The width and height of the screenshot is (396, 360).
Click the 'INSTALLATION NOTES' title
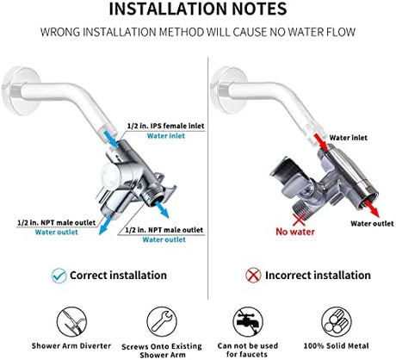coord(198,9)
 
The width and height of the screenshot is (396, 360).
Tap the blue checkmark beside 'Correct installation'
coord(59,276)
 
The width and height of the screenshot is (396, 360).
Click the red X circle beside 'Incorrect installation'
coord(253,276)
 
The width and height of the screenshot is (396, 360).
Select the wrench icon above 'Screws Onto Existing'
coord(162,321)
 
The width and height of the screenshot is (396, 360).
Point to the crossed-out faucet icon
coord(248,321)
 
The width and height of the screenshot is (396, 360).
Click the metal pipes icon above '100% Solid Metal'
coord(337,321)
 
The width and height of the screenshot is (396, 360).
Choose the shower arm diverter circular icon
coord(71,321)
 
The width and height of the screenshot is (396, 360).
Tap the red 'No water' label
coord(295,232)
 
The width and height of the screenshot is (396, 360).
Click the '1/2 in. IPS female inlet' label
coord(165,126)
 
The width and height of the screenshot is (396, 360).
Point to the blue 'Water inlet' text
coord(166,136)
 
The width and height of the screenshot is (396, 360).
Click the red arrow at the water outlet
coord(372,208)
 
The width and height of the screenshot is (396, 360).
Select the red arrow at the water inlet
coord(320,141)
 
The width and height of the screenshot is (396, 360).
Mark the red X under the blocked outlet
coord(299,220)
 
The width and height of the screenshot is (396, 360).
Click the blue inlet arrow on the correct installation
coord(111,140)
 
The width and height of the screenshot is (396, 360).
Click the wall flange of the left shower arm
coord(21,91)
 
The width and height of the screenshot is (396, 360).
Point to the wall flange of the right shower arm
coord(229,90)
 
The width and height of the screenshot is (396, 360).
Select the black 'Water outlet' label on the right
coord(372,223)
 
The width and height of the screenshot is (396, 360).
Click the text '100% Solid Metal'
coord(337,345)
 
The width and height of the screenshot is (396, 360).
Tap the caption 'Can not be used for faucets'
coord(247,350)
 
